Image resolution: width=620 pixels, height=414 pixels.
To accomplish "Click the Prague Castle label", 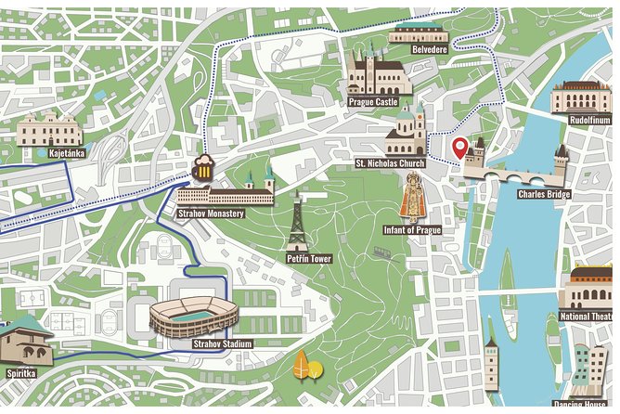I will [374, 102].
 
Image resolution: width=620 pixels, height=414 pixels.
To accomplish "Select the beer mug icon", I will [203, 167].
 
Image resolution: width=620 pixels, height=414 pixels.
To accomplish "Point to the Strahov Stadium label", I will [222, 343].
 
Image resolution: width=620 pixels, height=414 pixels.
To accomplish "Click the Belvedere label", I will [429, 49].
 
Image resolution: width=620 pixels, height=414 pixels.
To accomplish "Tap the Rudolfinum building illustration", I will [582, 97].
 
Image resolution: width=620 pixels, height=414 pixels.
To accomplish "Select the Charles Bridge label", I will [544, 195].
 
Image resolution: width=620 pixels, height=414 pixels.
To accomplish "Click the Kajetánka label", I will [68, 152].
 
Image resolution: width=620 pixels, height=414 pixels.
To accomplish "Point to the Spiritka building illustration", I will [24, 340].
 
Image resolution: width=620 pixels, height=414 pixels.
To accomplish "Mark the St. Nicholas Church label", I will [390, 163].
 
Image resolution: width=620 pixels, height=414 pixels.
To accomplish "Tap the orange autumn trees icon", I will [307, 368].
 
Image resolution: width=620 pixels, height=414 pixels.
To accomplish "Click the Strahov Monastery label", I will [211, 213].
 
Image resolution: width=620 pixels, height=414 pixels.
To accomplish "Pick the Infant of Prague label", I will [411, 229].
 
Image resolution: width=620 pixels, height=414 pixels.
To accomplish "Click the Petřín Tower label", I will [309, 259].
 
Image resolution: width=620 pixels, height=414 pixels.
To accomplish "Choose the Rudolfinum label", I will [588, 119].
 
